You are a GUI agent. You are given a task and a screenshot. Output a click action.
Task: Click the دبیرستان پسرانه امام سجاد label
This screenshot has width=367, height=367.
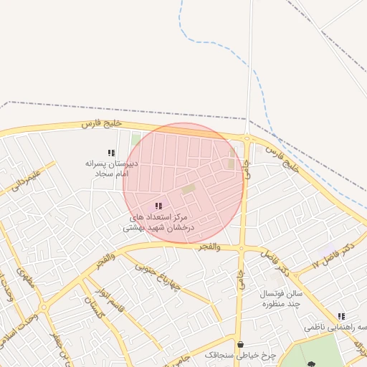[x=111, y=168]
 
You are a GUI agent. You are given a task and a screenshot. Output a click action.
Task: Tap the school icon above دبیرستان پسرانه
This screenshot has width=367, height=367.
[x=111, y=153]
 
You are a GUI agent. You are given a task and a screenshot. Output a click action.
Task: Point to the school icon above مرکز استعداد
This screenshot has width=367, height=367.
[x=158, y=206]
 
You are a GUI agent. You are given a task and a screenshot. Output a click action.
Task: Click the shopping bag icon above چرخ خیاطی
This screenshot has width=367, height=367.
[x=239, y=343]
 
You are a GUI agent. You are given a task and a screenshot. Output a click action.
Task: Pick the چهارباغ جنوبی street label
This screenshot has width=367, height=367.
[x=156, y=275]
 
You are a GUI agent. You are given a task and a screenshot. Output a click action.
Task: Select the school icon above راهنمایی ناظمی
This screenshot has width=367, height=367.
[x=341, y=316]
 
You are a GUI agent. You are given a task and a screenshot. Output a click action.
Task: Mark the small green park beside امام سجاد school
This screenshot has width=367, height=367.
[x=136, y=140]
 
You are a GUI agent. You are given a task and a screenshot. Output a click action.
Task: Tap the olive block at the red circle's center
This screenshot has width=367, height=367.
[x=189, y=189]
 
